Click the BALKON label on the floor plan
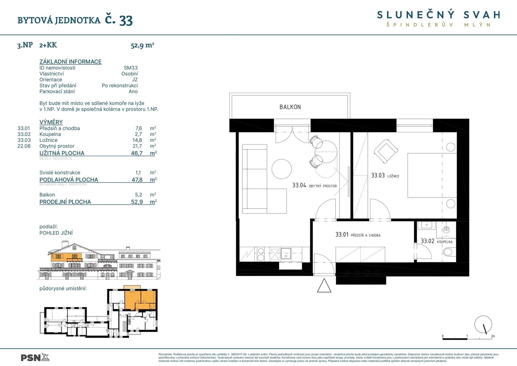point(290,107)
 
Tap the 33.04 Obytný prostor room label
point(314,185)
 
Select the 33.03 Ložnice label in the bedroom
point(385,175)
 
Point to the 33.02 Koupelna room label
point(436,241)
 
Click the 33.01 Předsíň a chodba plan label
point(358,235)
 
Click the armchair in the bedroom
point(386,151)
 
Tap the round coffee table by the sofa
point(281,169)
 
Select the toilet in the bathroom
point(449,252)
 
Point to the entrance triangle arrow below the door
point(324,286)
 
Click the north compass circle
point(483,324)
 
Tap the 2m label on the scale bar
point(493,336)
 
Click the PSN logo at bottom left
point(35,358)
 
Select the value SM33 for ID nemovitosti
point(131,68)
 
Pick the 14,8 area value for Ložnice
point(137,140)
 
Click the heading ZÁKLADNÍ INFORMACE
point(71,62)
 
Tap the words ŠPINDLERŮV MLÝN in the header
point(438,25)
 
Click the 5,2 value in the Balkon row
point(138,195)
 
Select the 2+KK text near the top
point(48,45)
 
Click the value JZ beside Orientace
point(135,80)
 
